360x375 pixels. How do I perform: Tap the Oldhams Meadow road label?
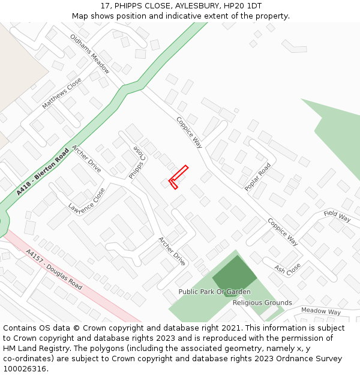(90, 53)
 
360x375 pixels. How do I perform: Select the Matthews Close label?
(62, 93)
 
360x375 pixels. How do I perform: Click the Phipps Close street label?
(137, 162)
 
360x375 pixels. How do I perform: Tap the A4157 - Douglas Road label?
(54, 270)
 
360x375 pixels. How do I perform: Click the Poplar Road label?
(258, 177)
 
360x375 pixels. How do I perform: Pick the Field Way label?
(337, 216)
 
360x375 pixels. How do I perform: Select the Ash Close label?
(287, 269)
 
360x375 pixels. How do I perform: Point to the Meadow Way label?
(320, 311)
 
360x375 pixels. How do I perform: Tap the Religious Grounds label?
(262, 302)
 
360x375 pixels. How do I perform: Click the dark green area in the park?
(233, 275)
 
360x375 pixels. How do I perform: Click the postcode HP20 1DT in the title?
(245, 6)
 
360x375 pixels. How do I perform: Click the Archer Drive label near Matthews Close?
(86, 158)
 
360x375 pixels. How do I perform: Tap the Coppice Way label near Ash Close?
(283, 232)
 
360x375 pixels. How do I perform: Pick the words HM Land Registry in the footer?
(35, 348)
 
